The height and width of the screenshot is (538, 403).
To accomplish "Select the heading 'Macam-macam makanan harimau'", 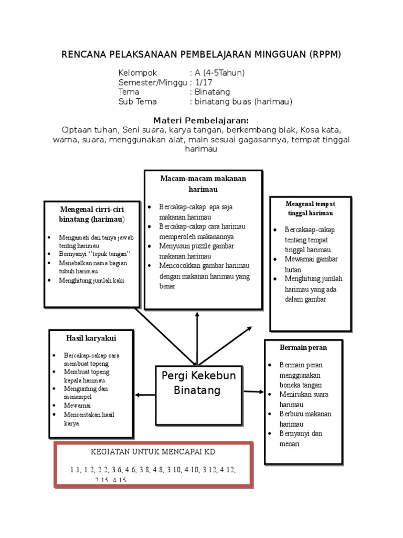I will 203,183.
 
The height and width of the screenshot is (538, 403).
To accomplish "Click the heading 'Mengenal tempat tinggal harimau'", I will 310,208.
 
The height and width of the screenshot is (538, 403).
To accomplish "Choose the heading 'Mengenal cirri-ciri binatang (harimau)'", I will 92,214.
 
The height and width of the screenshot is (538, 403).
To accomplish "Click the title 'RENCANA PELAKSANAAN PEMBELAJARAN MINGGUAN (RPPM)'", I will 201,54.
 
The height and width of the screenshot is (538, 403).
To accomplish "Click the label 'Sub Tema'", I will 137,102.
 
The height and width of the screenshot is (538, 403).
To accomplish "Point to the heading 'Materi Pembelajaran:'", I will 200,120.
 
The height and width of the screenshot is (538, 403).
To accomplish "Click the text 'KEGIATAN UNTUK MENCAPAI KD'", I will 153,452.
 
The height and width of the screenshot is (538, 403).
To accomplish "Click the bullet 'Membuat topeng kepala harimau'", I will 87,375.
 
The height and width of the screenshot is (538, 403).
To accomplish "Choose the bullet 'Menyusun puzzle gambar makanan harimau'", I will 196,251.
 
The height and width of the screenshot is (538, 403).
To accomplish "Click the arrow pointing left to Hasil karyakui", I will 145,395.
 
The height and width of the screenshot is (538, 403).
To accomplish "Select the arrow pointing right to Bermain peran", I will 254,391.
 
